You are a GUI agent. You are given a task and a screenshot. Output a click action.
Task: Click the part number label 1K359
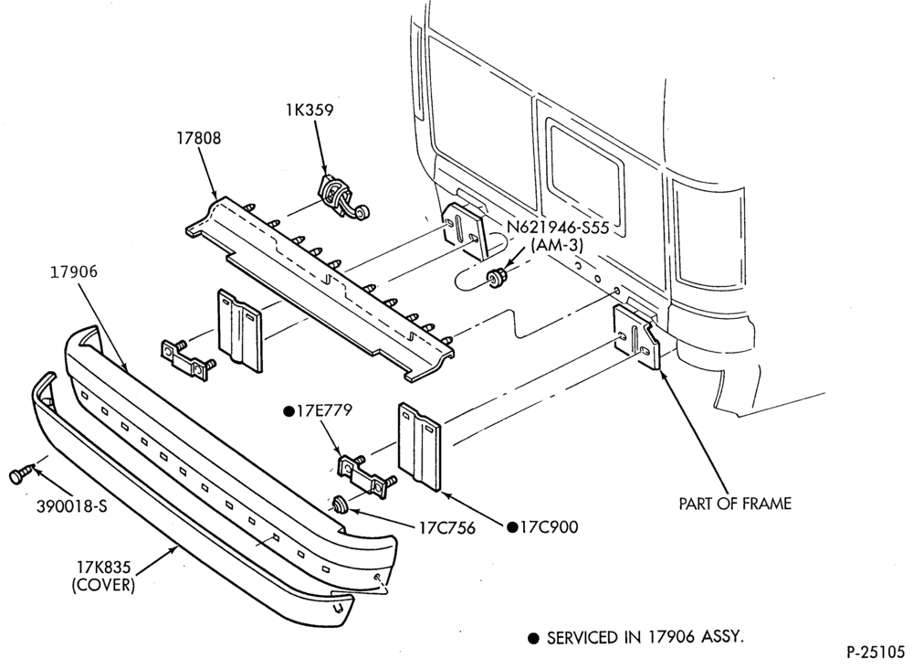pyautogui.click(x=310, y=111)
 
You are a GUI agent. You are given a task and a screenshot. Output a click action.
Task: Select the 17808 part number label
pyautogui.click(x=199, y=138)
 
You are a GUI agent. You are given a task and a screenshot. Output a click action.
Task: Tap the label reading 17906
pyautogui.click(x=73, y=271)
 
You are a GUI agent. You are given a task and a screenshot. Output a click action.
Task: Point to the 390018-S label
pyautogui.click(x=72, y=506)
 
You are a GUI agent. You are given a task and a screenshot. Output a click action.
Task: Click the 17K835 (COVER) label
pyautogui.click(x=104, y=576)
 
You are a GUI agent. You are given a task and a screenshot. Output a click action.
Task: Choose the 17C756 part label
pyautogui.click(x=447, y=528)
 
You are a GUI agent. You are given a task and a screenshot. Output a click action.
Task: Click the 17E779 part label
pyautogui.click(x=318, y=411)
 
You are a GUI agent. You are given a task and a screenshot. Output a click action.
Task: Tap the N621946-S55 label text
pyautogui.click(x=558, y=228)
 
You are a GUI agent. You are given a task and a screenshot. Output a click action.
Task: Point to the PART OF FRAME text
pyautogui.click(x=735, y=504)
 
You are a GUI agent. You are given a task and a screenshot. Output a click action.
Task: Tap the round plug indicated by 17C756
pyautogui.click(x=339, y=504)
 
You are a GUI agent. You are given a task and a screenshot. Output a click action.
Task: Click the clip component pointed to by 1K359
pyautogui.click(x=340, y=197)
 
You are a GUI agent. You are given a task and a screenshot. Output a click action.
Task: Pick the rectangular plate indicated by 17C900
pyautogui.click(x=420, y=446)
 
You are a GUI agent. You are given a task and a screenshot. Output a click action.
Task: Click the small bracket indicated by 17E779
pyautogui.click(x=367, y=476)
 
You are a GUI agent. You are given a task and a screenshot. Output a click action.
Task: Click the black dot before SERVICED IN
pyautogui.click(x=533, y=639)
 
